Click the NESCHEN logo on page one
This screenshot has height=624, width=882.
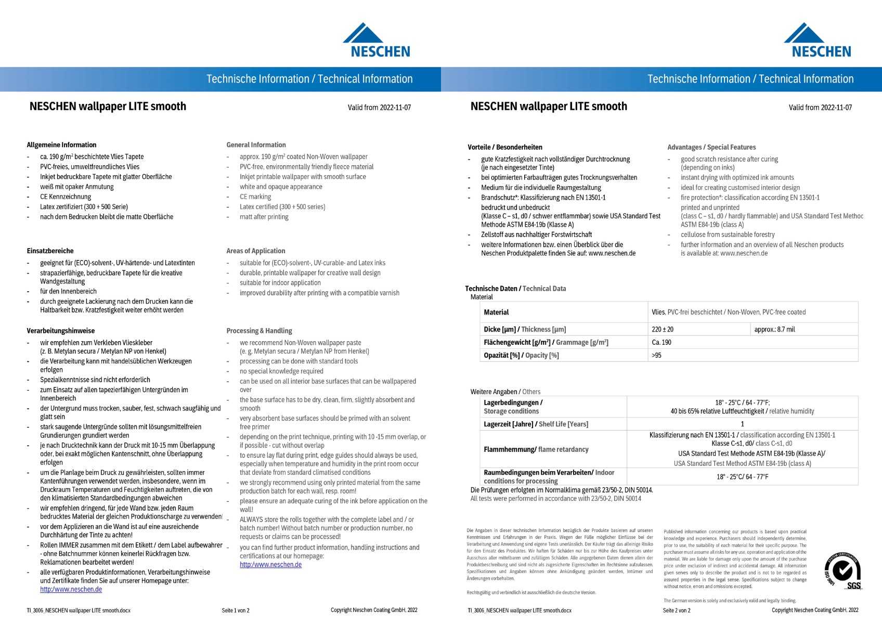coord(377,40)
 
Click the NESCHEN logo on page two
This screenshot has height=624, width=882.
coord(818,40)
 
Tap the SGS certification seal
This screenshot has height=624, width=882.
coord(843,571)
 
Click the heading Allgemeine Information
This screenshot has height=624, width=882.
coord(61,145)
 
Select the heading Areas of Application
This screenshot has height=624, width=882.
coord(256,251)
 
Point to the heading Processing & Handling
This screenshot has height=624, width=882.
coord(259,331)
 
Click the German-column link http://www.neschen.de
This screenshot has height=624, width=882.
coord(71,590)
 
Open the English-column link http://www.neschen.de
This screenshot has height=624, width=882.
coord(270,565)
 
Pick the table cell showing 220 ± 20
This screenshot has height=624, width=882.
coord(663,329)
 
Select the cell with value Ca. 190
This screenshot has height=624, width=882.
coord(661,342)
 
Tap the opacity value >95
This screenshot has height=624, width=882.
coord(656,355)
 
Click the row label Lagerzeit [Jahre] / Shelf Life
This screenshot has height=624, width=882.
coord(536,424)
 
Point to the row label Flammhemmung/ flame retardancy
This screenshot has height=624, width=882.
coord(536,449)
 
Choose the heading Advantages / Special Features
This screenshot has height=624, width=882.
coord(711,147)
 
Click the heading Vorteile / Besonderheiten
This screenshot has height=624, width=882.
coord(504,147)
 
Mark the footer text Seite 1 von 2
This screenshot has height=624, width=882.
coord(236,610)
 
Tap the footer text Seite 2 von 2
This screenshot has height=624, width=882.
coord(677,610)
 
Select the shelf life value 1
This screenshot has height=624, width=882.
coord(742,424)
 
